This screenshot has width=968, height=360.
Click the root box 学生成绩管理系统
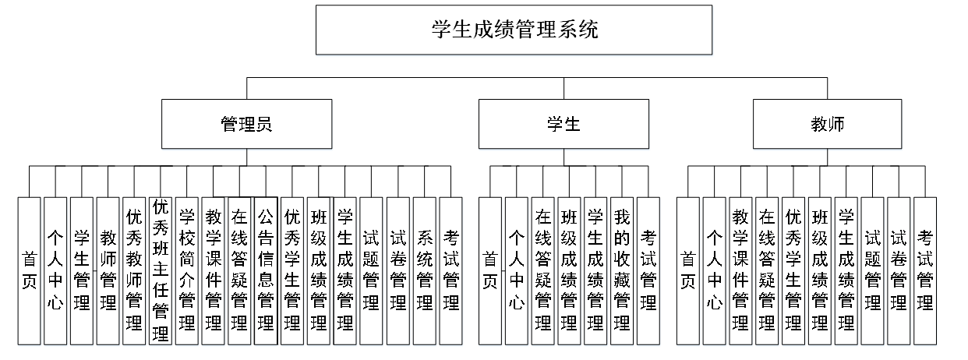pos(514,30)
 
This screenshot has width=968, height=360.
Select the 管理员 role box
pos(247,125)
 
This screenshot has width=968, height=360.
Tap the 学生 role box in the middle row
pos(563,125)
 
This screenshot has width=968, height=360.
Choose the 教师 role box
pos(828,125)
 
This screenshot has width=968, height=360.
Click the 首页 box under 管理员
pos(29,270)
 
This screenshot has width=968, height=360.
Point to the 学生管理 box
pos(81,270)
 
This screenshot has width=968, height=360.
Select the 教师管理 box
pos(108,270)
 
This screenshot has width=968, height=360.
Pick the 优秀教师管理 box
pos(134,270)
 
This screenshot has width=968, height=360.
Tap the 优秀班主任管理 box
pos(161,270)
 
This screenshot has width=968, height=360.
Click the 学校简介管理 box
pos(187,270)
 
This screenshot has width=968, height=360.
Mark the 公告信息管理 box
pos(266,270)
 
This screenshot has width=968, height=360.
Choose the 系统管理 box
pos(425,270)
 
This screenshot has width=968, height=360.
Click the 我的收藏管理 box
pos(621,270)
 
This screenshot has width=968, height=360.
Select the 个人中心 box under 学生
pos(516,270)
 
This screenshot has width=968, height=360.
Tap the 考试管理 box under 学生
pos(648,270)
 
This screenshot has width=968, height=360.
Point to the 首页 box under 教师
pos(687,270)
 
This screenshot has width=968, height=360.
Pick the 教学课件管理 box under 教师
pos(740,270)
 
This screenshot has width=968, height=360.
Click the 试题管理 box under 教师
pos(873,270)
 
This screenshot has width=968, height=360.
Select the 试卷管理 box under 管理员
pos(398,270)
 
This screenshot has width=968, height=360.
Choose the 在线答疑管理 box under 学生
pos(542,270)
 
